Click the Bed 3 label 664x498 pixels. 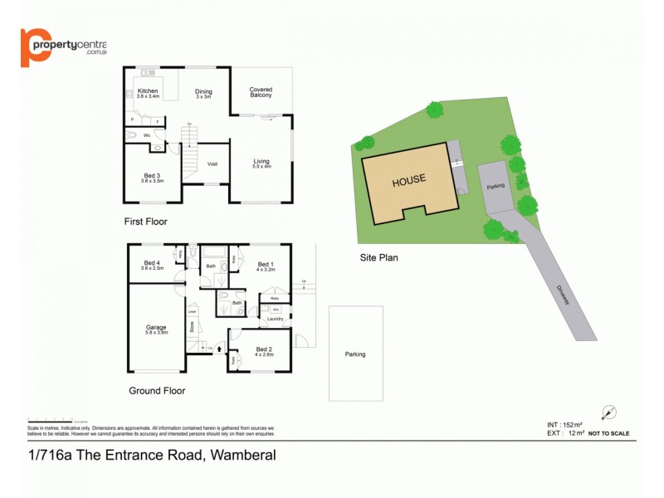tap(152, 176)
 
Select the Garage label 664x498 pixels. tap(157, 329)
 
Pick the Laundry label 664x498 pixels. tap(275, 318)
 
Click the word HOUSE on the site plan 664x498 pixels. tap(409, 179)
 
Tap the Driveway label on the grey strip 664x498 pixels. tap(564, 294)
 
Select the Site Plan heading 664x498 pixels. tap(378, 257)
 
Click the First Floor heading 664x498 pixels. tap(145, 222)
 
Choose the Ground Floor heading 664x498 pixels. tap(157, 390)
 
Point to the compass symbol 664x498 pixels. tap(611, 413)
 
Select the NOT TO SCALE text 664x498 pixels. tap(608, 433)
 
